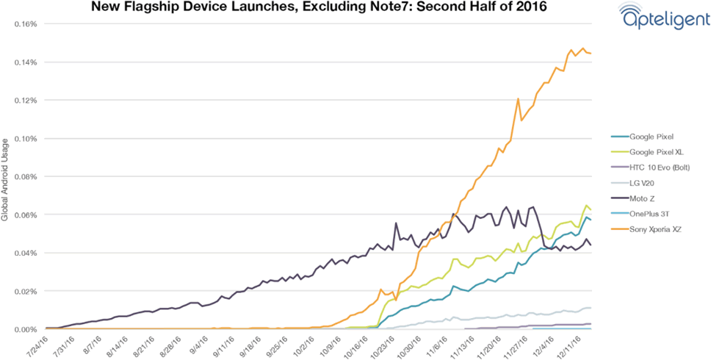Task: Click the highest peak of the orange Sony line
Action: coord(583,49)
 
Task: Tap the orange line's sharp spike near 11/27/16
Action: coord(519,98)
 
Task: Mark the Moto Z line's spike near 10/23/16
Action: coord(397,223)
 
